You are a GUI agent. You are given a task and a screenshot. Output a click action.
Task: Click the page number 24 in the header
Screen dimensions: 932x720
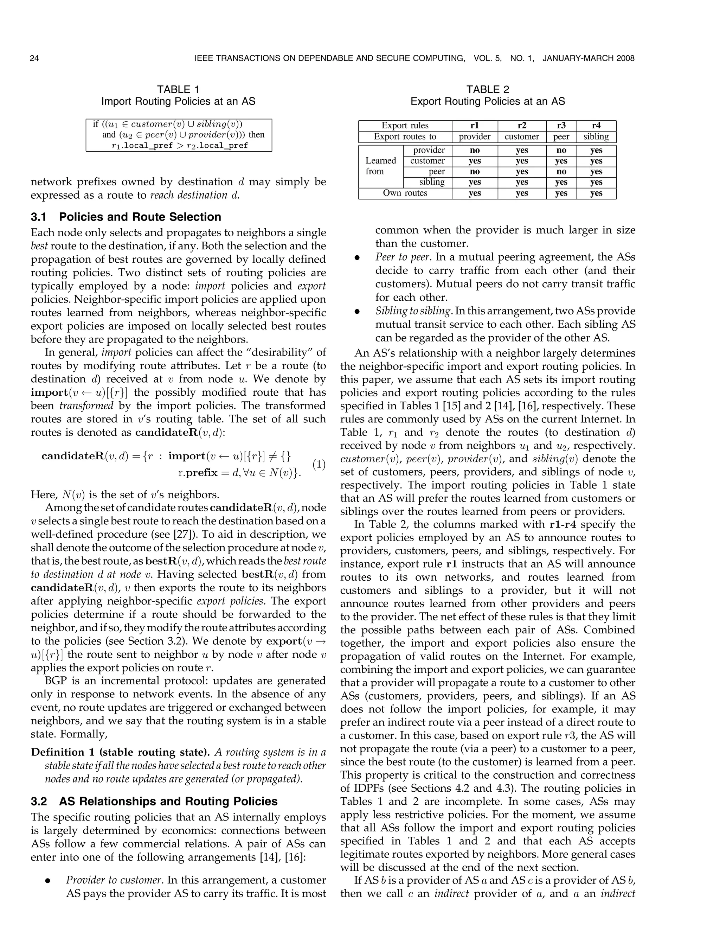34,58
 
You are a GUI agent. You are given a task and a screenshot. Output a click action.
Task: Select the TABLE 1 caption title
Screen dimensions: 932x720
178,90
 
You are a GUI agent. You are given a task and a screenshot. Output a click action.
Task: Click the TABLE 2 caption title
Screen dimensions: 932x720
488,90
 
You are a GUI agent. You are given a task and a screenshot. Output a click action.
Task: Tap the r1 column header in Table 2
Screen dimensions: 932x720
474,126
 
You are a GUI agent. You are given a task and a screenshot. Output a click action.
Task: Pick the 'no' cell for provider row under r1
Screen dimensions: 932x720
474,150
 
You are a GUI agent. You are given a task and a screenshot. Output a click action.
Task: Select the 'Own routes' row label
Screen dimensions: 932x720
405,193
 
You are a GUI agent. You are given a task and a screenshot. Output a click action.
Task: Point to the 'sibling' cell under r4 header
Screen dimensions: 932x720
596,136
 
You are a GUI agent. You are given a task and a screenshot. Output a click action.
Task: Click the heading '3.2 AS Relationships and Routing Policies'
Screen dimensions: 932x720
154,802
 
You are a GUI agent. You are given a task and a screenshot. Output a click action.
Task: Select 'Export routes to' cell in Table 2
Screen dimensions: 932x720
405,136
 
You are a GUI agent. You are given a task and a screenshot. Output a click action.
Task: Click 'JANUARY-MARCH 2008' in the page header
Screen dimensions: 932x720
588,58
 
